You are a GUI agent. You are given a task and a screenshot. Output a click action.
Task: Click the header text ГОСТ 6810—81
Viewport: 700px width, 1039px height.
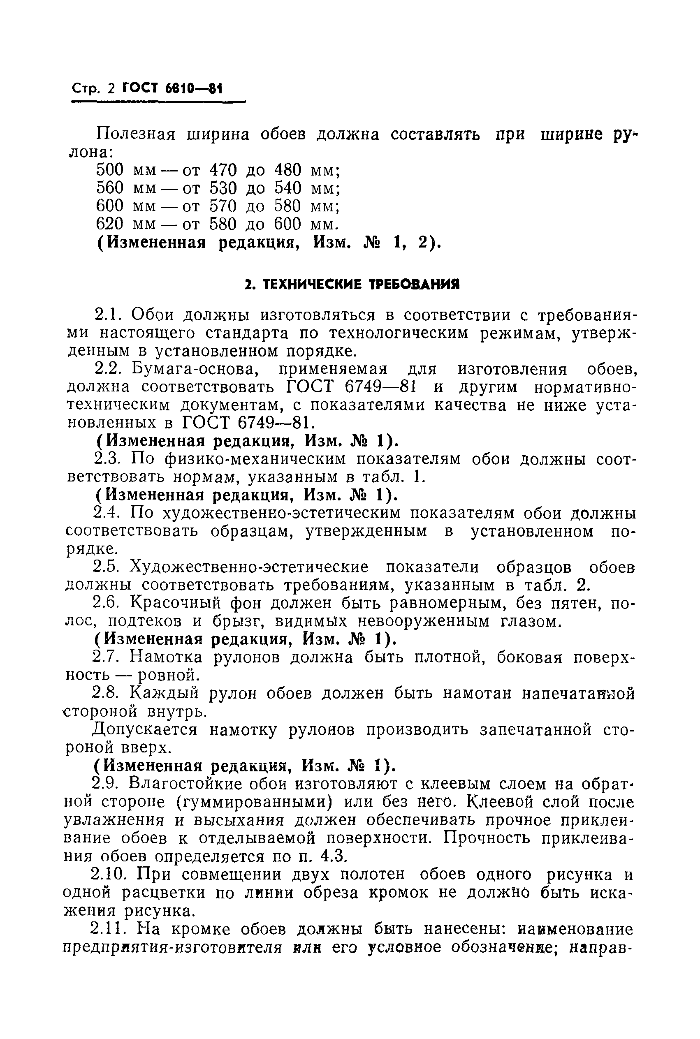(172, 88)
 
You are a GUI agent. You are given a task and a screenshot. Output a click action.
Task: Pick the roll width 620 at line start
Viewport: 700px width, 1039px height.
(109, 224)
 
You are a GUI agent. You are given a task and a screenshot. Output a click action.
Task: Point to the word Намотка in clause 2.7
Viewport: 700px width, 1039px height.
(166, 657)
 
